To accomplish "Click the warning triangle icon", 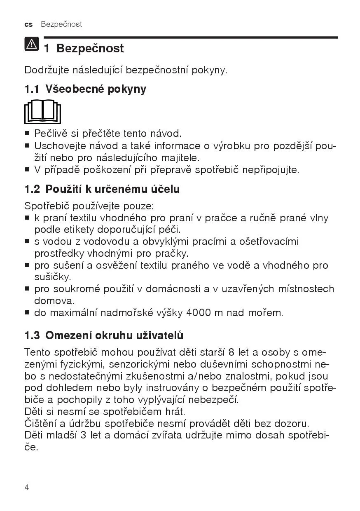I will [x=31, y=44].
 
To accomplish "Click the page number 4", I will [x=27, y=488].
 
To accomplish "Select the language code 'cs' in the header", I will [x=28, y=24].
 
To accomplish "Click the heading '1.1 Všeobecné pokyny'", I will [x=85, y=89].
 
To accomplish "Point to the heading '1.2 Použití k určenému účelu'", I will [x=102, y=189].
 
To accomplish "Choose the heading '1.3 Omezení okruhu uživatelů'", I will [x=104, y=335].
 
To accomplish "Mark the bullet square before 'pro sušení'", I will [x=27, y=265].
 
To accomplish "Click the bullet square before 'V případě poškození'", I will [x=27, y=169].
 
